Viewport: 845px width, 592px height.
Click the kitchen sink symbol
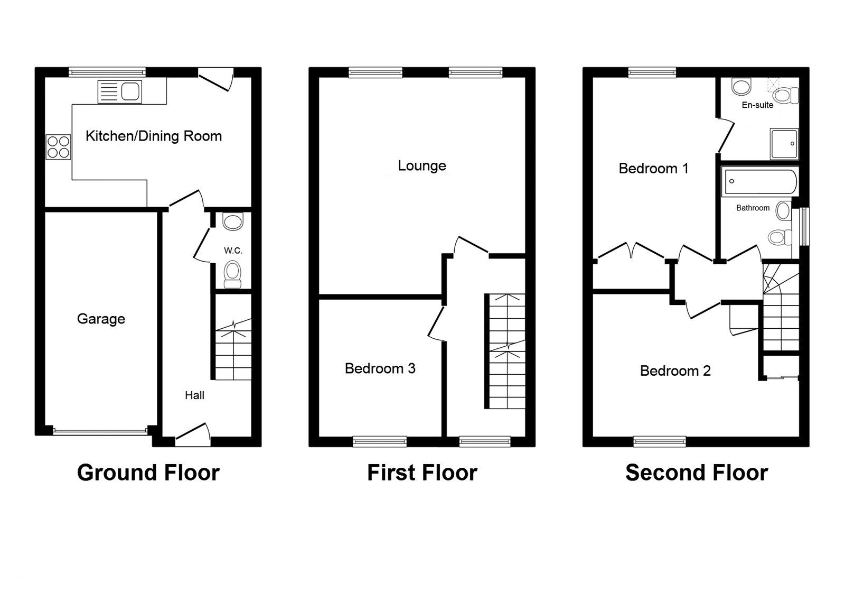[120, 91]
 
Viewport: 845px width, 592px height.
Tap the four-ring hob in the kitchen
[58, 147]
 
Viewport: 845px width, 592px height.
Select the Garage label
[101, 319]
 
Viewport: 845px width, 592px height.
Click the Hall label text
[194, 395]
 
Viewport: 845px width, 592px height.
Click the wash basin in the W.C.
[233, 221]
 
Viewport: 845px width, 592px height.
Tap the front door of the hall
[193, 431]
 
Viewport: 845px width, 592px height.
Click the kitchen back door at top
[216, 79]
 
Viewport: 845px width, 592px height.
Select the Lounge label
[421, 166]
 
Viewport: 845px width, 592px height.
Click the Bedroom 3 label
[380, 368]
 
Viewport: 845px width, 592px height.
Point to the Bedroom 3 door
[436, 324]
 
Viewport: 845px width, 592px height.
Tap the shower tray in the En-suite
[784, 143]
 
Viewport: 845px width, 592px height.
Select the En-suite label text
[757, 105]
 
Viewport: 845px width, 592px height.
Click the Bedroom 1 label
[653, 169]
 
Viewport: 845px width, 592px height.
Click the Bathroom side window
[804, 226]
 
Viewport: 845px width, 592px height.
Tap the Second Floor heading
[696, 473]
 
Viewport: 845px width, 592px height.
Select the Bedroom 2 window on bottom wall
[659, 441]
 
